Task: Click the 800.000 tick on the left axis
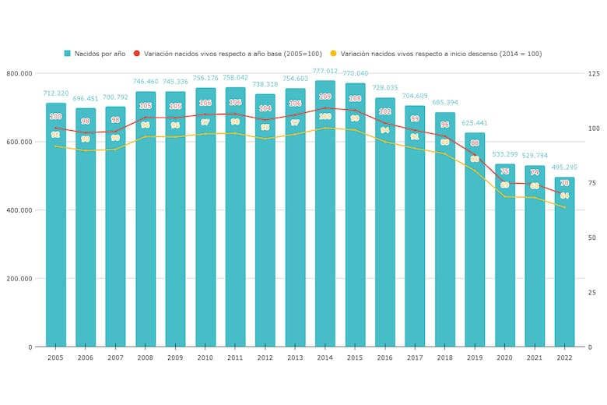(19, 73)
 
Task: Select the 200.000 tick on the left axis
(19, 279)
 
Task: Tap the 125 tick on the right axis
(595, 73)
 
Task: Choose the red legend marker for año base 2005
(137, 54)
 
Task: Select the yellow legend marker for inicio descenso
(333, 54)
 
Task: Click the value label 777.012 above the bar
(325, 71)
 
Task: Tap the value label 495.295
(564, 167)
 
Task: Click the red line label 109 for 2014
(325, 97)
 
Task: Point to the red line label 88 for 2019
(475, 143)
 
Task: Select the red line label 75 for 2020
(504, 171)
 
